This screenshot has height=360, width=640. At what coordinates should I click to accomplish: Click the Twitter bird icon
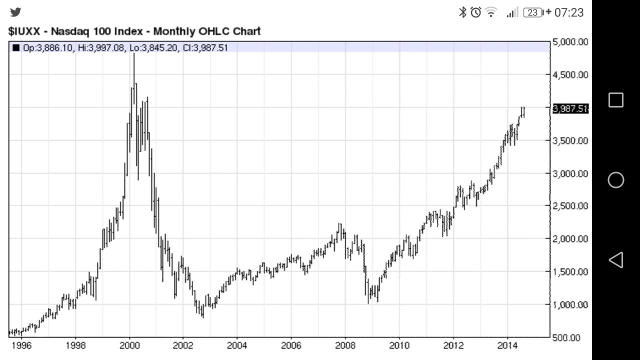click(x=15, y=12)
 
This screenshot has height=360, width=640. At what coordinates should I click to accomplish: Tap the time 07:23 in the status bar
click(x=569, y=12)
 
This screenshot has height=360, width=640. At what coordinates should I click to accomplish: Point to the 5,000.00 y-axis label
click(x=570, y=42)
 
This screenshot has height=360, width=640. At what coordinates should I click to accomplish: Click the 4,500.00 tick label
click(x=570, y=75)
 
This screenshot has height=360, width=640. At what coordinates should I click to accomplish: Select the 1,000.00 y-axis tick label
click(x=570, y=304)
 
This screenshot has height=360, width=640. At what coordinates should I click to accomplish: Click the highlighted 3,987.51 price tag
click(x=570, y=108)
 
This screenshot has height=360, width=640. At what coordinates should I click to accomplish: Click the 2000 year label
click(x=129, y=345)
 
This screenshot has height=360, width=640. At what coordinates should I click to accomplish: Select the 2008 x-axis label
click(x=345, y=345)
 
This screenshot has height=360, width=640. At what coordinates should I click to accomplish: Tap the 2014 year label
click(x=507, y=345)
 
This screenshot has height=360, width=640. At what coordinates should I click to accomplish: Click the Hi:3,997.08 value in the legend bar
click(x=101, y=48)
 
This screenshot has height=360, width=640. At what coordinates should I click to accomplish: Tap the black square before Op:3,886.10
click(x=16, y=48)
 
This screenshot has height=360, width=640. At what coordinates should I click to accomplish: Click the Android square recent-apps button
click(x=615, y=100)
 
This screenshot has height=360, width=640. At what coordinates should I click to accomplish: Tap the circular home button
click(x=615, y=180)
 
